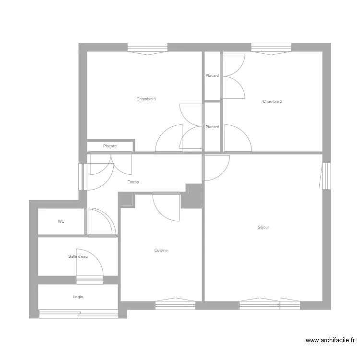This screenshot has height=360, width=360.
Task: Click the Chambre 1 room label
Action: pos(146,99)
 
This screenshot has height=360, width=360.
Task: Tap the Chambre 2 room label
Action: pos(272,101)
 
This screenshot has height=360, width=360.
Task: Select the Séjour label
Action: pos(263,227)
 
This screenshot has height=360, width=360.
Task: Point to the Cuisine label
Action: pos(161,250)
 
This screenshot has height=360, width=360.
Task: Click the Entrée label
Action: pos(133,182)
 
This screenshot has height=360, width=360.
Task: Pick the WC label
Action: pos(61,221)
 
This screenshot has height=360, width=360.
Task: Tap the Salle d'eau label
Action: pos(78,256)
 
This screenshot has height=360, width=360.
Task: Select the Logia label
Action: pos(78,297)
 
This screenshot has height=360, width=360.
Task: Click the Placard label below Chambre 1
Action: pos(109,146)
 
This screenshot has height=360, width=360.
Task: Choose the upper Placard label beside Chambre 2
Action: pos(212,75)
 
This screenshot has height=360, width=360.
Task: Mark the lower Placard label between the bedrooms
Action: pos(212,127)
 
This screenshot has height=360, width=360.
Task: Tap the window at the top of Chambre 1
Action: pos(147,48)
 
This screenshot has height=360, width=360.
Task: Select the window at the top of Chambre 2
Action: pos(271,48)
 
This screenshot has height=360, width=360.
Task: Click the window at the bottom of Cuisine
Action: pos(175,304)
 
